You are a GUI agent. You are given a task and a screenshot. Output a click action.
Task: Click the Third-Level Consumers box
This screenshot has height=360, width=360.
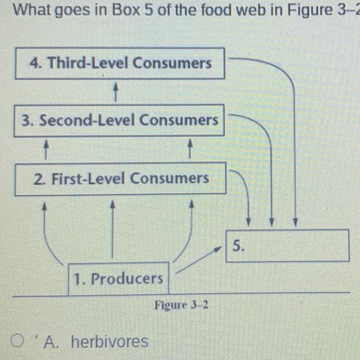(120, 64)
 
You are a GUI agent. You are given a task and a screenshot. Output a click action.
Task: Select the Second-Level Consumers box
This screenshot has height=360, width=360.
(120, 120)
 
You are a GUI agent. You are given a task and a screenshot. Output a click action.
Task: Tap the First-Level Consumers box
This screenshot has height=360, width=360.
(121, 178)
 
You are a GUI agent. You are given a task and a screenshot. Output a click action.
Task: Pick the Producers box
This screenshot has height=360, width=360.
(119, 278)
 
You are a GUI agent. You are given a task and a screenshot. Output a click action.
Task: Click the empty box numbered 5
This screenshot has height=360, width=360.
(288, 246)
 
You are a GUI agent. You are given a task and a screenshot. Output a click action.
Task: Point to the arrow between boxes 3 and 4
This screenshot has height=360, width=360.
(115, 92)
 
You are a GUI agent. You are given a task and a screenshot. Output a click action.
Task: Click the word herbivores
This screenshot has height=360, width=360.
(109, 342)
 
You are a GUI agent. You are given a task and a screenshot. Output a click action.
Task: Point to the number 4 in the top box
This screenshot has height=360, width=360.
(33, 63)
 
